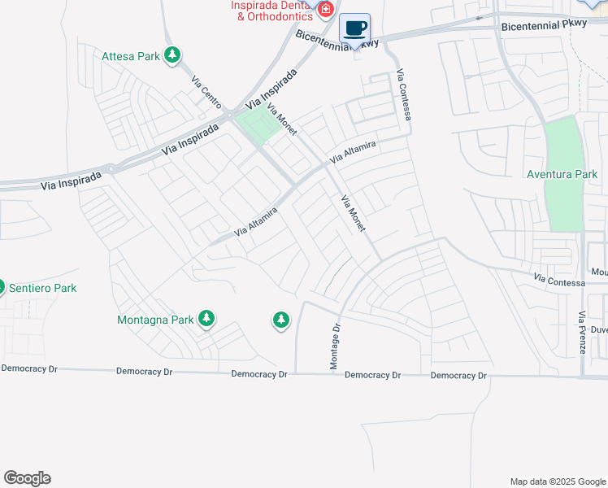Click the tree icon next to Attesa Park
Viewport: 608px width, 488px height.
tap(172, 55)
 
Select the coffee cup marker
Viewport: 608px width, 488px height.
tap(354, 29)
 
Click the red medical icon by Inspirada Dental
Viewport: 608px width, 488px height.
tap(326, 10)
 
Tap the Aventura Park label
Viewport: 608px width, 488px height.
tap(562, 174)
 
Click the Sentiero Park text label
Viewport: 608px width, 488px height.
tap(42, 288)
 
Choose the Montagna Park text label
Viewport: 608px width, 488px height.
tap(155, 320)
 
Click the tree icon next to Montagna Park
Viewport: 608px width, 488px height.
tap(206, 319)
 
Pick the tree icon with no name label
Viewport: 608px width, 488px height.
tap(281, 320)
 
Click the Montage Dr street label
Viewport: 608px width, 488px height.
tap(333, 346)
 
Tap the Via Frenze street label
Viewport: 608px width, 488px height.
tap(581, 332)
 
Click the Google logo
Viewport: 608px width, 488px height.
tap(27, 478)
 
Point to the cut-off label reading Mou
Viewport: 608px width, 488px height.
tap(599, 272)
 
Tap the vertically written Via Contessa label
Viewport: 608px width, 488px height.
tap(404, 95)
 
